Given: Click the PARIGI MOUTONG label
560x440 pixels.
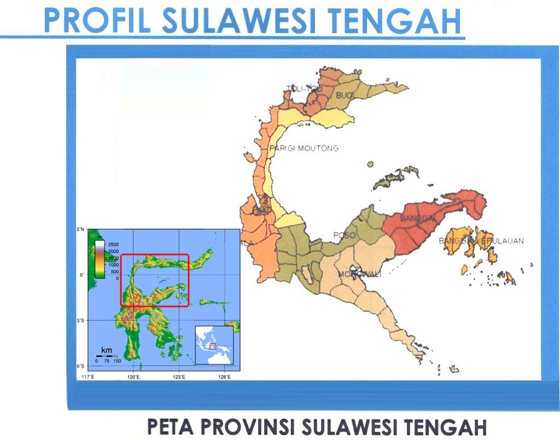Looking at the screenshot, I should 305,148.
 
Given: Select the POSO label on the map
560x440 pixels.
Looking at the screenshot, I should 345,235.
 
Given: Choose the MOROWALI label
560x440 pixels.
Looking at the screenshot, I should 359,274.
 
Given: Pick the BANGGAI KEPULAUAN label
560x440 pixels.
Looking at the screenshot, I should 481,241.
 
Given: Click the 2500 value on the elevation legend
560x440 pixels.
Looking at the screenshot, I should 112,244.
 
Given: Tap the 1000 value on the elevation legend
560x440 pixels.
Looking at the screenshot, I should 112,264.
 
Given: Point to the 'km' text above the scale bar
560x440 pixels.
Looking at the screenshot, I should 107,349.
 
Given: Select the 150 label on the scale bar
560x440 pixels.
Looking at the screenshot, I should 117,361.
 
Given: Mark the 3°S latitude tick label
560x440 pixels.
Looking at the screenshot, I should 80,320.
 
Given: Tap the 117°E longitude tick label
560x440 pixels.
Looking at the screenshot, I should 88,377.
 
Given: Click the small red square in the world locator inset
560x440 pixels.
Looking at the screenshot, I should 213,347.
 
